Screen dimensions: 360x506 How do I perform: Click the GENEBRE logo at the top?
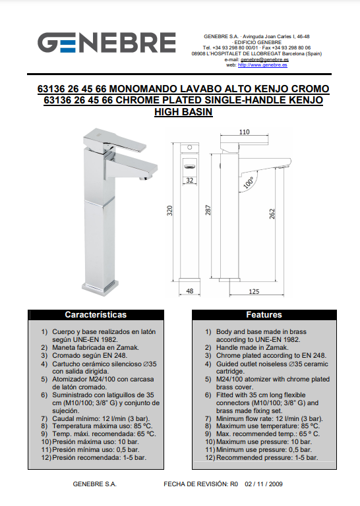[x=107, y=42]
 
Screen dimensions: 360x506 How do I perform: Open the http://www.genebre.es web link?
[x=262, y=65]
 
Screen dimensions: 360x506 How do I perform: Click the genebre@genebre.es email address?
[x=264, y=59]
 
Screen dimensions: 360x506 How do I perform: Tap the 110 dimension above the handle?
[x=245, y=132]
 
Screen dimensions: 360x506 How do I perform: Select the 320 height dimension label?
[x=169, y=211]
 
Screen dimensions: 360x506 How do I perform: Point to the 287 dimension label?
[x=208, y=210]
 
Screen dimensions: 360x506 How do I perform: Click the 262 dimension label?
[x=272, y=213]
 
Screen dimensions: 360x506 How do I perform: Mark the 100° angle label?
[x=249, y=183]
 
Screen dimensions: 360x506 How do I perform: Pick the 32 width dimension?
[x=189, y=180]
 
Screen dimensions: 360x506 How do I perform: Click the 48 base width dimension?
[x=189, y=291]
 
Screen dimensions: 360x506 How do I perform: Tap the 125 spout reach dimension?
[x=254, y=291]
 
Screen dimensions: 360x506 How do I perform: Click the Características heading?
[x=96, y=315]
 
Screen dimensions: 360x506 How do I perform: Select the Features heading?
[x=264, y=315]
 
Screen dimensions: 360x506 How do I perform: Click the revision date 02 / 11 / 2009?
[x=264, y=484]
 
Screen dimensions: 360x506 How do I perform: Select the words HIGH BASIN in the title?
[x=183, y=112]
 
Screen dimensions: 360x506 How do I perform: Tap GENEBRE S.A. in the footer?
[x=94, y=484]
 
